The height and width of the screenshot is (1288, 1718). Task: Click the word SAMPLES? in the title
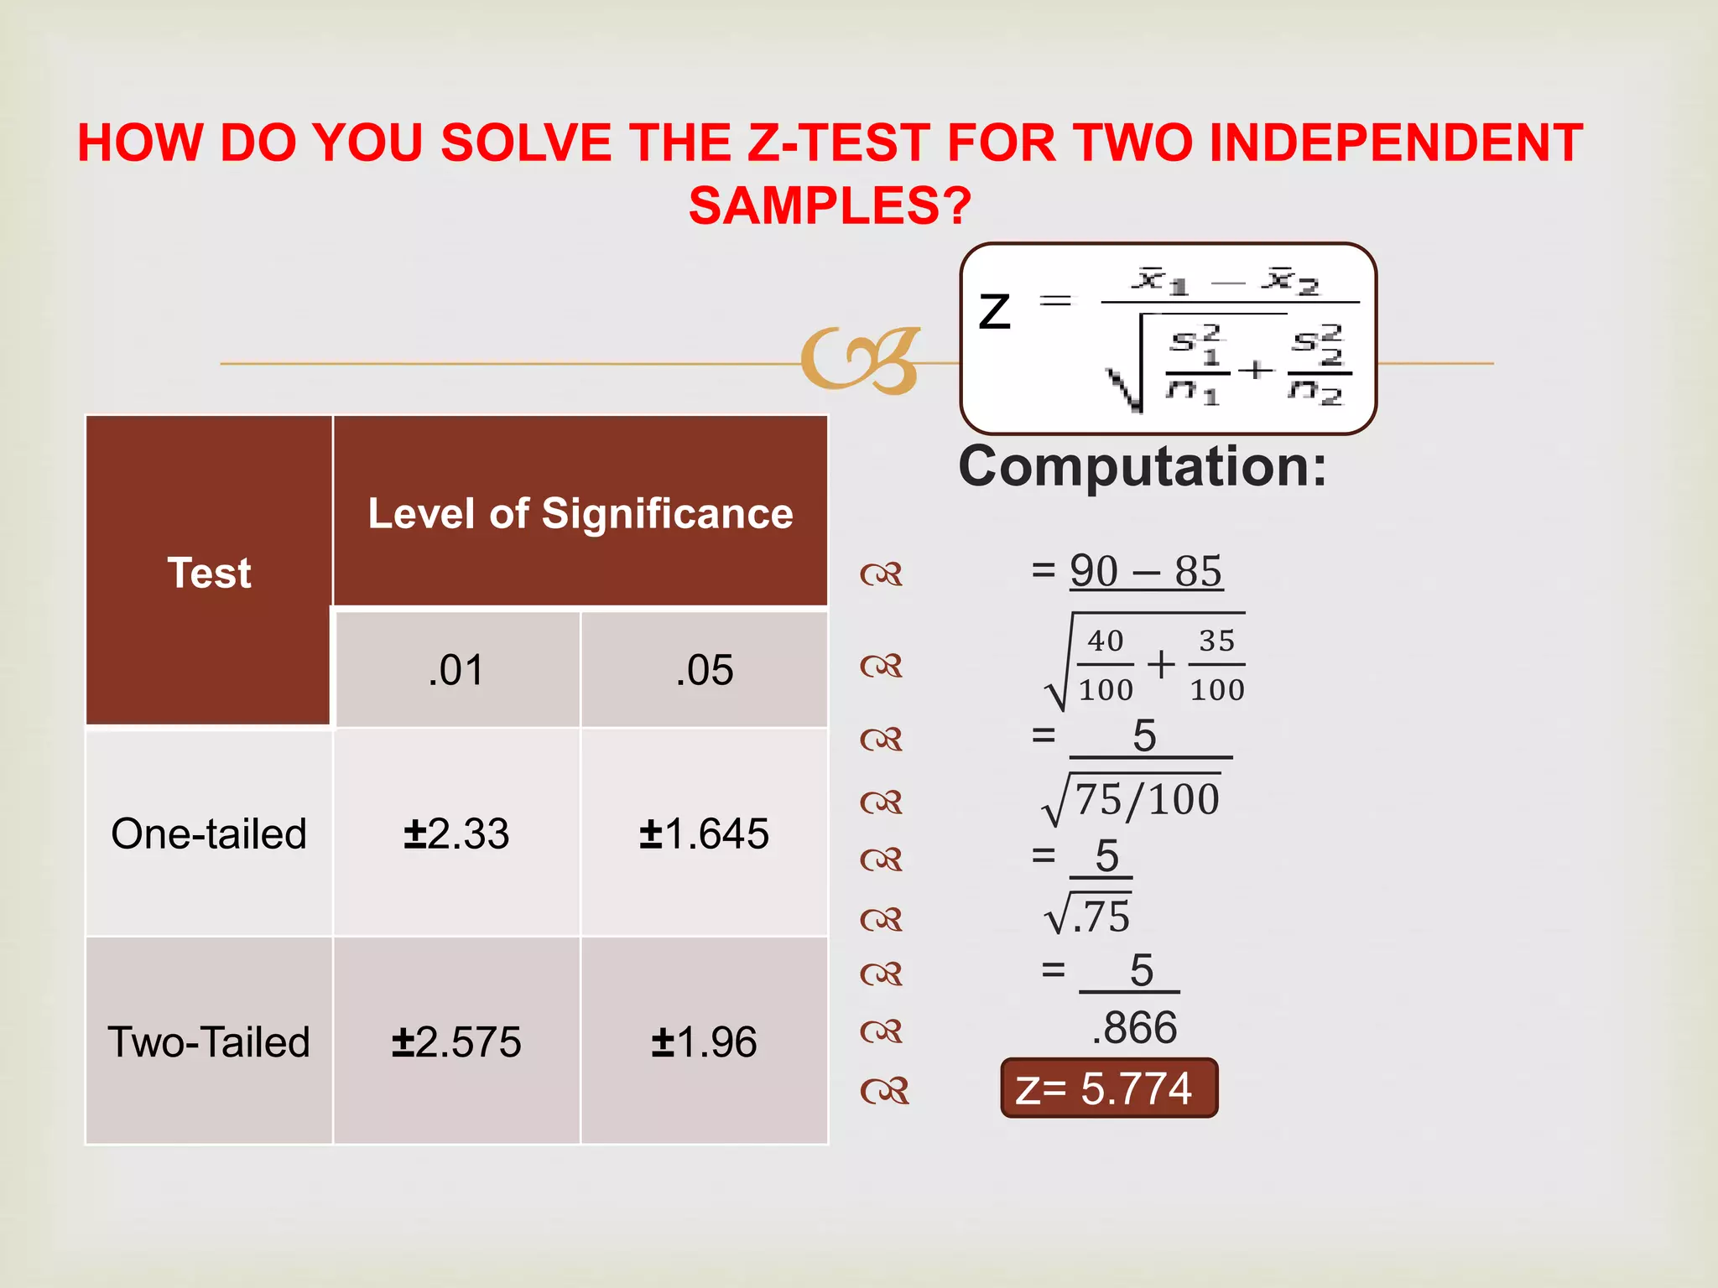coord(830,205)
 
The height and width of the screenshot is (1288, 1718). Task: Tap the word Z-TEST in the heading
coord(838,143)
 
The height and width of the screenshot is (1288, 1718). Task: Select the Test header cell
coord(209,573)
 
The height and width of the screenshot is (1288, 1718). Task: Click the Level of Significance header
coord(580,512)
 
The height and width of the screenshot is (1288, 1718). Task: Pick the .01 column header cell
coord(456,670)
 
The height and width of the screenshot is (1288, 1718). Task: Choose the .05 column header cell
coord(705,670)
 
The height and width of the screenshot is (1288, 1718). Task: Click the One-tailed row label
coord(209,834)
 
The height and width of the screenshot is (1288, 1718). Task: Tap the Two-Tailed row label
coord(209,1042)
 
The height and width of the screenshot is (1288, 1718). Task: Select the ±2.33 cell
coord(456,834)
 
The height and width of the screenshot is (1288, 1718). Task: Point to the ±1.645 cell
coord(705,834)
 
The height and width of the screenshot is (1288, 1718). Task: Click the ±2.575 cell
coord(456,1042)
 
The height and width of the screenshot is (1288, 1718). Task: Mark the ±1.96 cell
coord(705,1042)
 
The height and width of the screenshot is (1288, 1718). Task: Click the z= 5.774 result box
coord(1109,1088)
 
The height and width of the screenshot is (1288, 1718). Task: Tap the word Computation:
coord(1143,466)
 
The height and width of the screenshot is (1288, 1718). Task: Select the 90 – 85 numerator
coord(1146,571)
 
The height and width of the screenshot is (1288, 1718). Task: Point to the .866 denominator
coord(1134,1027)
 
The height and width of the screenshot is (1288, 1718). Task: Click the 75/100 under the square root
coord(1146,799)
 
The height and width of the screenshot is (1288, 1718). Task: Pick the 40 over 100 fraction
coord(1106,666)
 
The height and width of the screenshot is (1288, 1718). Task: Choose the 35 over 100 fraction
coord(1216,666)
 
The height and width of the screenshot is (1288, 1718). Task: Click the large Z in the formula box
coord(996,312)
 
